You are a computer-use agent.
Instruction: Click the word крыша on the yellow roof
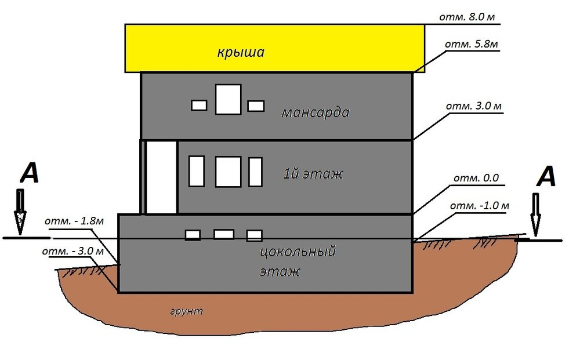pos(241,53)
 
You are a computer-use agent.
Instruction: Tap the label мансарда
pos(315,112)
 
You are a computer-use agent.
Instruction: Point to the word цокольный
pos(298,253)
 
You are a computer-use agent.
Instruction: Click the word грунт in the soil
pos(187,312)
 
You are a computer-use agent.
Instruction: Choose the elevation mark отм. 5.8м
pos(471,43)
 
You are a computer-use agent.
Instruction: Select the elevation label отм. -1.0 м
pos(479,206)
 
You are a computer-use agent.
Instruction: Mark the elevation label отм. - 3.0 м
pos(73,252)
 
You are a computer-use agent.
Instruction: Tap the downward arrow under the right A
pos(535,214)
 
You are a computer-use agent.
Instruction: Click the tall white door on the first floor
pos(161,177)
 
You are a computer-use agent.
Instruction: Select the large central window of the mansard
pos(228,99)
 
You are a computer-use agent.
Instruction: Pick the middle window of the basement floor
pos(224,234)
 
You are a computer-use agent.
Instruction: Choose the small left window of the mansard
pos(199,106)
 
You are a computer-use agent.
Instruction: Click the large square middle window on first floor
pos(228,172)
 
